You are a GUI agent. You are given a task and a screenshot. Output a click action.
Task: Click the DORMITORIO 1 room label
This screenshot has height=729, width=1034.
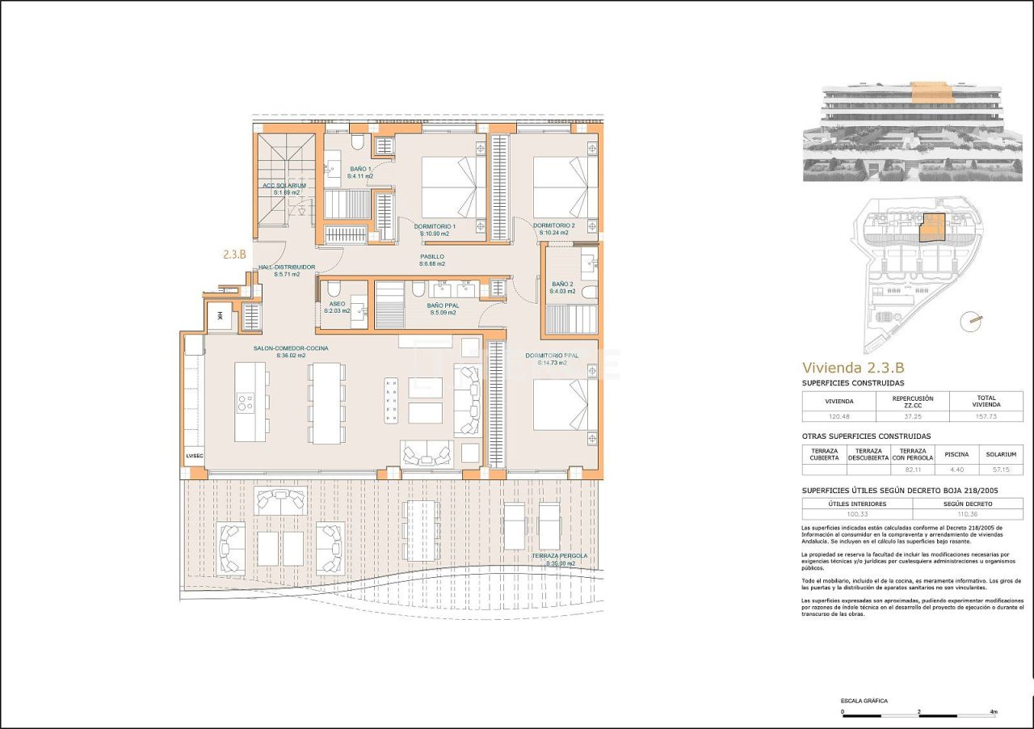point(435,226)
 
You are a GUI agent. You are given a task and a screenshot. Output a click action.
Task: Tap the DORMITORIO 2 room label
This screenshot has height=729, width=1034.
point(554,225)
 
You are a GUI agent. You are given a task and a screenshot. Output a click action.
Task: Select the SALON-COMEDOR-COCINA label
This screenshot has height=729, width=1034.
point(291,348)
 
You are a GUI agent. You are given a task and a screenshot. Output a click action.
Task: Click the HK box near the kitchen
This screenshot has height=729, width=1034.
point(219,316)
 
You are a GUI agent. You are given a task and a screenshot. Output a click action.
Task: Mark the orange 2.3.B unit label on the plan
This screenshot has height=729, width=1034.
point(234,254)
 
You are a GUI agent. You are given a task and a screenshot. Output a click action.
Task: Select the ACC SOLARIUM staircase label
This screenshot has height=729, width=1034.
point(284,185)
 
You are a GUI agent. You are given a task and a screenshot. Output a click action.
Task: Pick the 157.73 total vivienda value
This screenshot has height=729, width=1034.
point(986,416)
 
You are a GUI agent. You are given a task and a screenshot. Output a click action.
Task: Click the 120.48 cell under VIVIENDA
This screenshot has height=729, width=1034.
point(838,416)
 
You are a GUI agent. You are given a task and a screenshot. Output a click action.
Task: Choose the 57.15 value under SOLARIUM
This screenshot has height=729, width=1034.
point(1000,469)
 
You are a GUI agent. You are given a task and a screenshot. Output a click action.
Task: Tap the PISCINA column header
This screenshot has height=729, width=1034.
point(956,454)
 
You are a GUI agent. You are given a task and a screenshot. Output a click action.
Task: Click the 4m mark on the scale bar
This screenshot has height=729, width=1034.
point(994,712)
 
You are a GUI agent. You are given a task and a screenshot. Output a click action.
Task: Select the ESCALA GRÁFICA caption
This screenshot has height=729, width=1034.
point(864,701)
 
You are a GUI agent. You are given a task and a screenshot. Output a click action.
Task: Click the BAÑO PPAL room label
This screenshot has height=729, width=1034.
point(443,306)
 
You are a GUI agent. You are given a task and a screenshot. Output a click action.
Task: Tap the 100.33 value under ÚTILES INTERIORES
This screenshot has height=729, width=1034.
point(856,514)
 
